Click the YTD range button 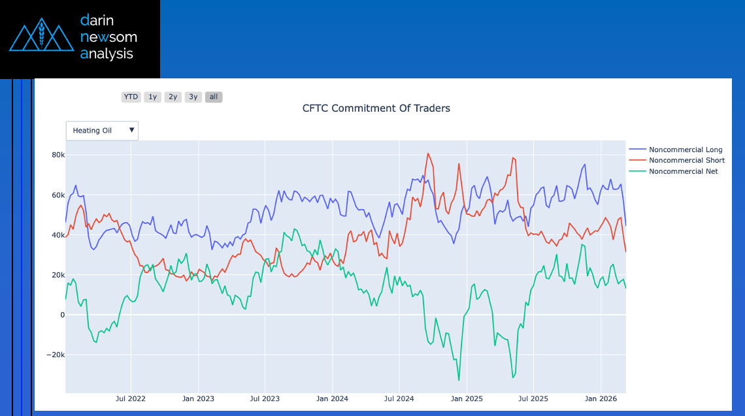pos(131,97)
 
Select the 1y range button pos(152,97)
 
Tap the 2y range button pos(173,97)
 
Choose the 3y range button pos(193,97)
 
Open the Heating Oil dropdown pos(102,131)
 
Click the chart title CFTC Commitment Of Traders pos(376,108)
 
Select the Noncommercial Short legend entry pos(686,160)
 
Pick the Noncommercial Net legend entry pos(683,171)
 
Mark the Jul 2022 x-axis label pos(131,398)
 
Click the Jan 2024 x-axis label pos(332,398)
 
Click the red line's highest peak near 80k pos(427,154)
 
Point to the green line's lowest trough pos(459,379)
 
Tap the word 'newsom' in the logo pos(108,37)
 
